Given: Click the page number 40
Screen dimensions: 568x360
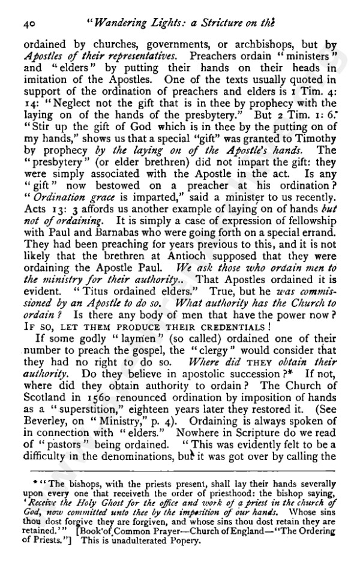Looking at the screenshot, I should click(29, 23).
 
